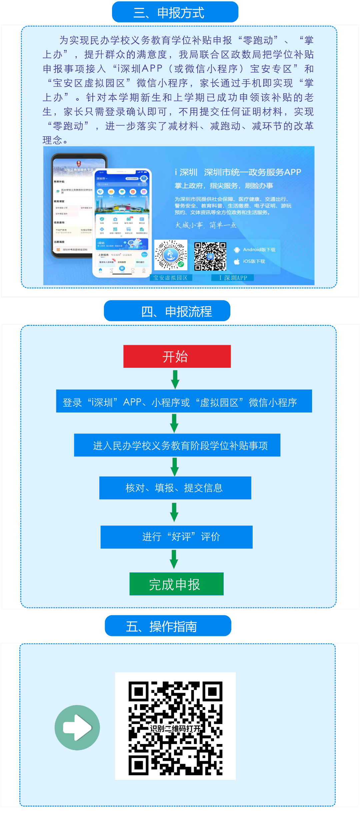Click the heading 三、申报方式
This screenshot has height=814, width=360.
175,12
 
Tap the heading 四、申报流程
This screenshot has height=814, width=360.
167,311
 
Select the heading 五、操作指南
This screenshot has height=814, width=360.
168,626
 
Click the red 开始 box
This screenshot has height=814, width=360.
177,357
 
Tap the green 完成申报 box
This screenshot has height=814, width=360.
176,584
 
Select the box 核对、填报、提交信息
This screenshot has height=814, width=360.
175,488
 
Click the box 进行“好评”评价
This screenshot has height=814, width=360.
176,537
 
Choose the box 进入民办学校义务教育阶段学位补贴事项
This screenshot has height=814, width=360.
177,445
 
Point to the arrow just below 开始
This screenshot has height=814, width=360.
175,379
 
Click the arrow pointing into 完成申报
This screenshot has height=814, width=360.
174,559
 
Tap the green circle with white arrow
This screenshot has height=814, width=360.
77,727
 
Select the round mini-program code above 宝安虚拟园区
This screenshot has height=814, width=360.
171,255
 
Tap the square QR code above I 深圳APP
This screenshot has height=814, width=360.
210,256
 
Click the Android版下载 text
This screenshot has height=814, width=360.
259,250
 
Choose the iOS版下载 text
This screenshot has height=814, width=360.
254,261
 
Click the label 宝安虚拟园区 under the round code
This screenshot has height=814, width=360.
171,278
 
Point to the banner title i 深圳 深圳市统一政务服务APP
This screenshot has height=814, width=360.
238,172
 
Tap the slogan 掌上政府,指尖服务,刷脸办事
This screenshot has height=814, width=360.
224,186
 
